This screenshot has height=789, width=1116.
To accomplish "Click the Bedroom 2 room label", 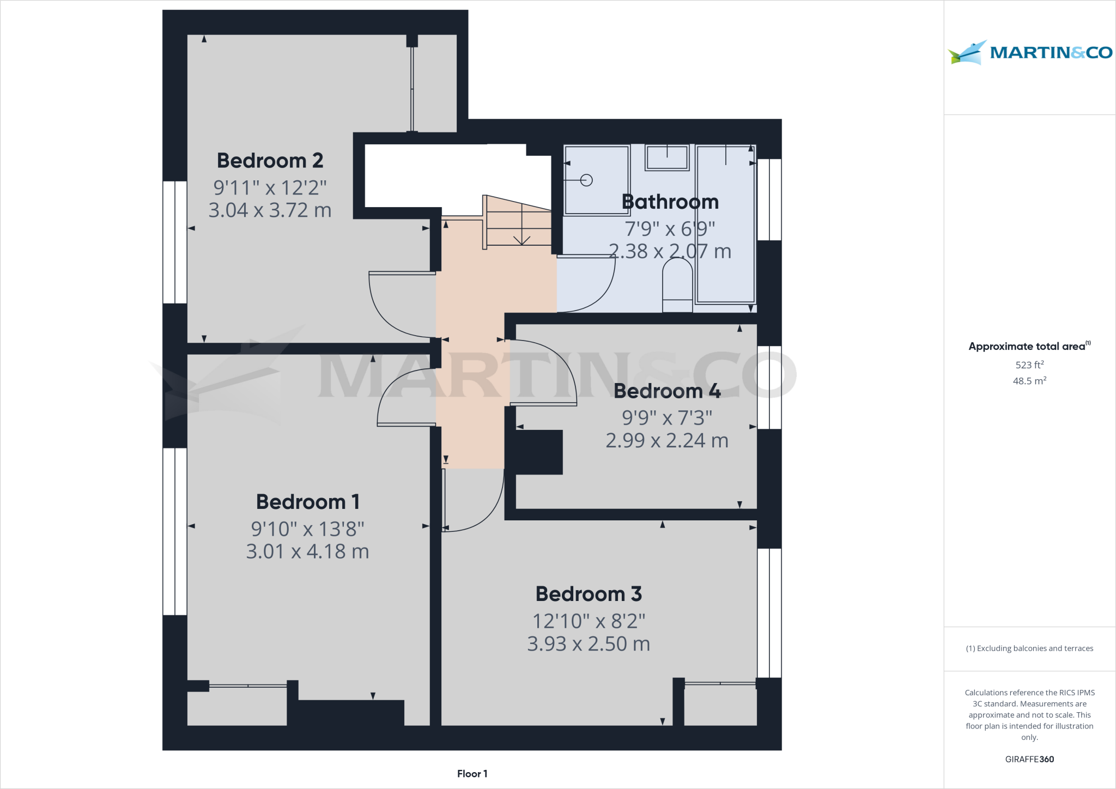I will tap(270, 161).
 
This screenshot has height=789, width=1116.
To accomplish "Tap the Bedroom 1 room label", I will tap(307, 502).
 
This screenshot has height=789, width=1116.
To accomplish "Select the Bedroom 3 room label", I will tap(589, 594).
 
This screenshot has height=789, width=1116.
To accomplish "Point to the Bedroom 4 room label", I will tap(667, 391).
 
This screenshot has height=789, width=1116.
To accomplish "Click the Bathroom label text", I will tap(670, 202).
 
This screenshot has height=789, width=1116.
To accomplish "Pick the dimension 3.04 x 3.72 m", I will tap(270, 210).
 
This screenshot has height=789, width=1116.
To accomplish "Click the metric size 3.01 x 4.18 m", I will tap(307, 551).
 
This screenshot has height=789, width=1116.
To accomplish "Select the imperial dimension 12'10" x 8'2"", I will tap(589, 621).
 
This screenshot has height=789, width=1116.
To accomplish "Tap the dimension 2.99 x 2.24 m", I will tap(667, 440).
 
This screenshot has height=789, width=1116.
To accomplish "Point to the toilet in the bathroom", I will tap(677, 283).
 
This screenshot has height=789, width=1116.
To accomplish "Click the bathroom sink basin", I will tap(667, 157).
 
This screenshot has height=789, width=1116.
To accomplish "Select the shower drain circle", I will tap(586, 180).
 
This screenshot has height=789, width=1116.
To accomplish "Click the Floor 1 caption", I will tap(472, 774).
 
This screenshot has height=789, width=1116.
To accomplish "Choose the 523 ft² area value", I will tap(1029, 365).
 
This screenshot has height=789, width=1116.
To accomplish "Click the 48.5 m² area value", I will tap(1029, 381).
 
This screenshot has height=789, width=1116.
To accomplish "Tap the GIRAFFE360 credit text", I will tap(1029, 759).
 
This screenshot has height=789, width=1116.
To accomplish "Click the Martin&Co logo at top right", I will tap(1030, 52).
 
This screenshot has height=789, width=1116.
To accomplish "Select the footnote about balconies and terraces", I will tap(1029, 648).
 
